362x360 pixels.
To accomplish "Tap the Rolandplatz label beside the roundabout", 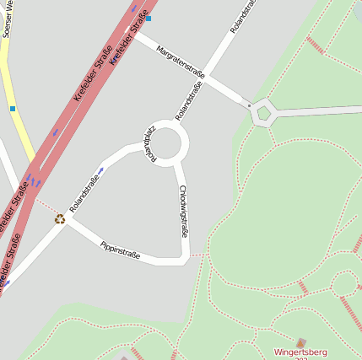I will [149, 144].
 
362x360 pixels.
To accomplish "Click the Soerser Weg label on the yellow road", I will [7, 19].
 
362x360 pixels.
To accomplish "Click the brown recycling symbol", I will [60, 218].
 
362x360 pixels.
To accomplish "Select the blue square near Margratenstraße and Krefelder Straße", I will [149, 18].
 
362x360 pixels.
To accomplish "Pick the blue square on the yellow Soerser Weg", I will [13, 108].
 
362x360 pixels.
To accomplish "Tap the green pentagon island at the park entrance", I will [263, 111].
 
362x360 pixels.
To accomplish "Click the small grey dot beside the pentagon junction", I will [249, 105].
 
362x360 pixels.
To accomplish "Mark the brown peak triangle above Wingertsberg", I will [301, 342].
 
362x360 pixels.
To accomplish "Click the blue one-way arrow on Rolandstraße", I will [101, 171].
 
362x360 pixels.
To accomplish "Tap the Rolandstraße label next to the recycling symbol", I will [84, 193].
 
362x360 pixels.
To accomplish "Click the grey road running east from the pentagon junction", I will [321, 110].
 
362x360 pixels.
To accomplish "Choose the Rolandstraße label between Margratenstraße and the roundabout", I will [190, 99].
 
